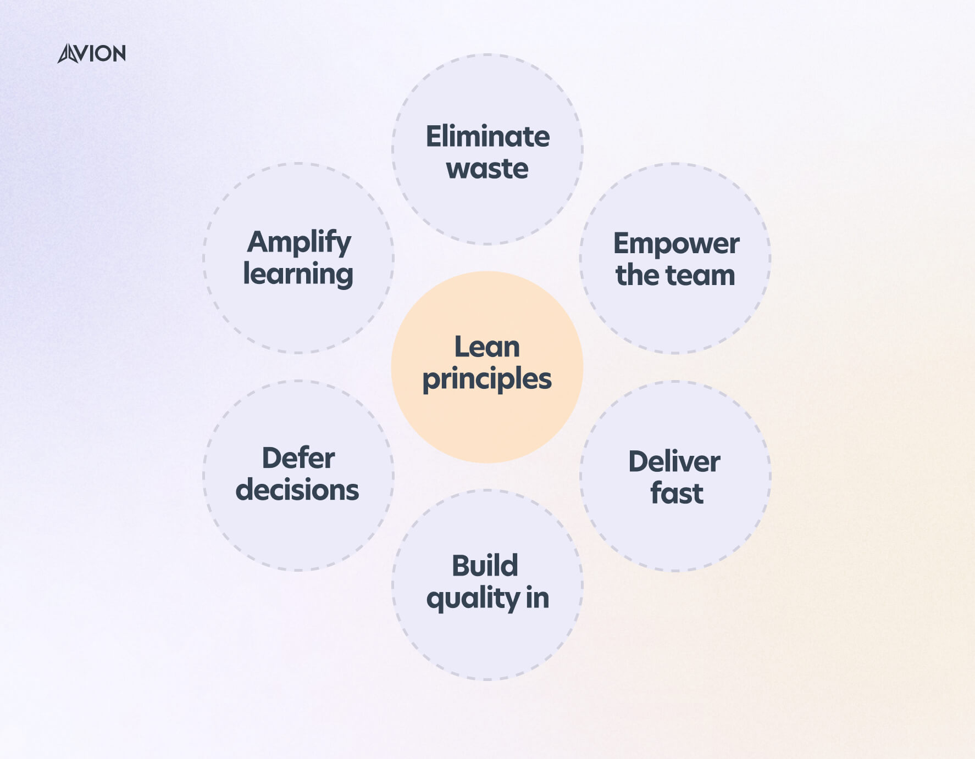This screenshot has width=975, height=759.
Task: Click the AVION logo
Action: (92, 53)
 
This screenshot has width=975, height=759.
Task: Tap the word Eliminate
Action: (487, 136)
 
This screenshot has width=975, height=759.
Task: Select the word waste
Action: (487, 168)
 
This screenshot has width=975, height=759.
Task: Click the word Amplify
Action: (299, 242)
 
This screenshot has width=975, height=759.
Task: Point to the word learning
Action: (298, 274)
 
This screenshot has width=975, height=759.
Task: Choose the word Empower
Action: (676, 244)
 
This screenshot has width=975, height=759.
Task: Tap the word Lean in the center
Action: (487, 347)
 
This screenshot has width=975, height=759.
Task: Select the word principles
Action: (487, 379)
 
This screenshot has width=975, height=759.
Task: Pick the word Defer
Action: (298, 458)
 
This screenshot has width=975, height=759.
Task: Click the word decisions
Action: (297, 490)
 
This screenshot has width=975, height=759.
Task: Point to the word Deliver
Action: (674, 461)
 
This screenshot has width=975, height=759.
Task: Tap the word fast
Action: (677, 493)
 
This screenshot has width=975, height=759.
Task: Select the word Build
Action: (485, 566)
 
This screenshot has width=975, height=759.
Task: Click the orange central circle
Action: (487, 428)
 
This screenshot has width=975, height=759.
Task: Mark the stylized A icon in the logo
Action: (69, 54)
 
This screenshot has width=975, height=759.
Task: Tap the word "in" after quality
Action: (537, 598)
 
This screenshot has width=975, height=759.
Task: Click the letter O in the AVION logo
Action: (104, 54)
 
